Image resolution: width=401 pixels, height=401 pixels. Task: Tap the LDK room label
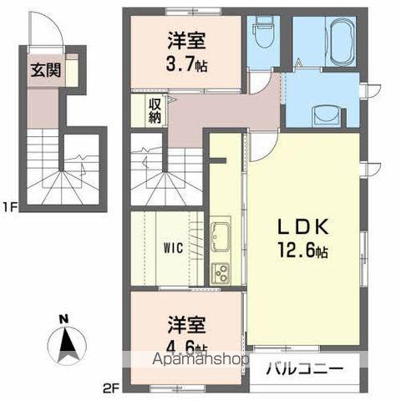(300, 228)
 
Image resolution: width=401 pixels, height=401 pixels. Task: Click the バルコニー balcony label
(304, 367)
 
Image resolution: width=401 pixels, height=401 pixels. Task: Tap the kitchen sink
(223, 235)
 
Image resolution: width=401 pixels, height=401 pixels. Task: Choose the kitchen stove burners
(223, 271)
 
